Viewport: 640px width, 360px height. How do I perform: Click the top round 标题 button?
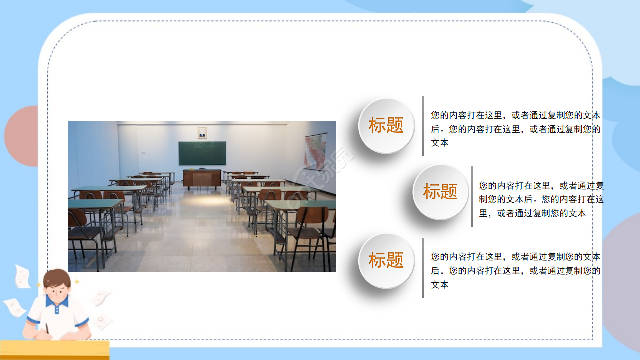(386, 126)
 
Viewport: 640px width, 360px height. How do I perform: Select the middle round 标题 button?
(440, 192)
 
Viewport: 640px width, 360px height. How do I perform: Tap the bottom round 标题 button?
(386, 260)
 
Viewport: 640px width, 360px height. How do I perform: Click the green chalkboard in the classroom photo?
(202, 153)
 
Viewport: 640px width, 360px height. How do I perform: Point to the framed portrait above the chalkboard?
(202, 133)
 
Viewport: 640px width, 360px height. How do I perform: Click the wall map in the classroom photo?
(315, 151)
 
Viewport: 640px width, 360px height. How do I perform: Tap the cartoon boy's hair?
(57, 277)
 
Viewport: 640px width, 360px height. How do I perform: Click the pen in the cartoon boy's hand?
(47, 328)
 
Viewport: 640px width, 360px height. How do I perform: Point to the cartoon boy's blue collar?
(57, 303)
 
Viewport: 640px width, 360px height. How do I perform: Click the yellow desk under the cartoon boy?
(55, 350)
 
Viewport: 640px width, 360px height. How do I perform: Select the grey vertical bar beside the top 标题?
(423, 126)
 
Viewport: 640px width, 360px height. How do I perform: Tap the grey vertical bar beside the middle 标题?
(472, 196)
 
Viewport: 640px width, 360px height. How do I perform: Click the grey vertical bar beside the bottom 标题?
(423, 268)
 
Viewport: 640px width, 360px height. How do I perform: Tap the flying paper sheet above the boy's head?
(22, 276)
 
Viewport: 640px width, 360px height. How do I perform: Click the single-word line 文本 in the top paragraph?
(440, 143)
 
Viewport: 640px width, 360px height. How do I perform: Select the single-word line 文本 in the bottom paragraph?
(440, 285)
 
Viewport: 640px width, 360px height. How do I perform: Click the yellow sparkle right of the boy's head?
(77, 282)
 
